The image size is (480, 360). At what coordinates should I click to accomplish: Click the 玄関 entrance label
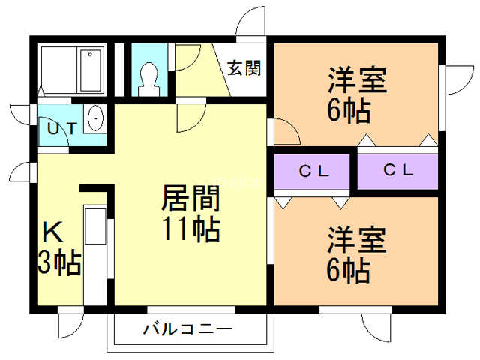tap(244, 68)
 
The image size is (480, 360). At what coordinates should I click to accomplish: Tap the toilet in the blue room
tap(148, 77)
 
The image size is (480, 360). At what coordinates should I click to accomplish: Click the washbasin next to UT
tap(94, 119)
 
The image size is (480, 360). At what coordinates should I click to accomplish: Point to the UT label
tap(61, 127)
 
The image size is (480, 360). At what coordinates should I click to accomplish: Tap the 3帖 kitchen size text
tap(58, 263)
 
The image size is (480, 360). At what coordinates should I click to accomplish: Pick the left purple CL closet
tap(313, 171)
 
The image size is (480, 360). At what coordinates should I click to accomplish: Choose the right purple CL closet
tap(397, 169)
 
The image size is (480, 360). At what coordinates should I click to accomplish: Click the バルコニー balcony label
tap(186, 329)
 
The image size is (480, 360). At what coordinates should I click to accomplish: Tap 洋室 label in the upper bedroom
tap(356, 79)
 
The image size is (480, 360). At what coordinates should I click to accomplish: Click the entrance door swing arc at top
tap(252, 21)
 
